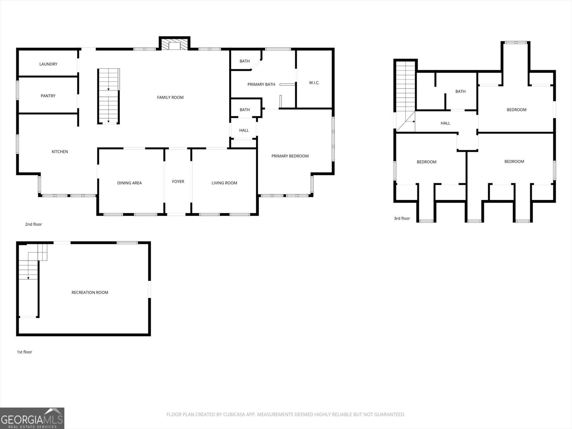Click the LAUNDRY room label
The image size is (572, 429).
[48, 64]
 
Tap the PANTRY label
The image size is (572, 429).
[48, 96]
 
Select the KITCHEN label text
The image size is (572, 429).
[60, 152]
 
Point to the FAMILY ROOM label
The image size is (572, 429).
[170, 97]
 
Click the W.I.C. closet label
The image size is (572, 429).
[314, 83]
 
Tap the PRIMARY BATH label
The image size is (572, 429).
[261, 84]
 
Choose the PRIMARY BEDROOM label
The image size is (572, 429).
[290, 156]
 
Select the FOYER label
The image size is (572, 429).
[178, 182]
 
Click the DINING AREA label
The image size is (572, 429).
[129, 183]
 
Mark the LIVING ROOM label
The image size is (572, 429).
[224, 183]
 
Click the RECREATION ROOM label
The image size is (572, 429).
[90, 292]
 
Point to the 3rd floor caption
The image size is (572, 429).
[402, 218]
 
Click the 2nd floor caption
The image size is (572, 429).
[33, 225]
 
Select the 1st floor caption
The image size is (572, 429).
[24, 352]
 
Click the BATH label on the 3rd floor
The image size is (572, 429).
[460, 92]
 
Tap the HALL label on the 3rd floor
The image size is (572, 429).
[445, 123]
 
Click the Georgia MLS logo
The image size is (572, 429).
[32, 418]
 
